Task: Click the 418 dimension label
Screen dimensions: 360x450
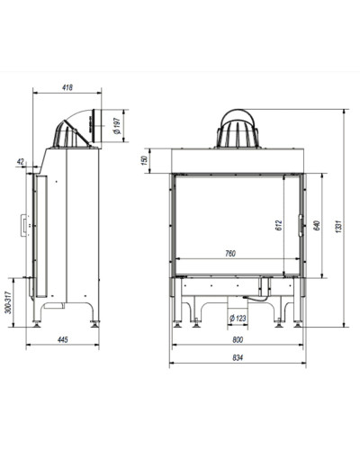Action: (67, 87)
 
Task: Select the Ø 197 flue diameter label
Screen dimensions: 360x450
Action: (117, 126)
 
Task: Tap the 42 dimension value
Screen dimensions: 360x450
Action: (21, 162)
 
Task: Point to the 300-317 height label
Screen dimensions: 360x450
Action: (8, 302)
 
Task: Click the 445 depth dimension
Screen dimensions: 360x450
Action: (62, 339)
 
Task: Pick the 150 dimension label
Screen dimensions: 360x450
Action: (145, 160)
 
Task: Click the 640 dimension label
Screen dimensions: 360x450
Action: (317, 225)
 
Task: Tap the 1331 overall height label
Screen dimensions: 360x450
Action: (338, 227)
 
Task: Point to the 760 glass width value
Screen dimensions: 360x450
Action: (230, 254)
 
